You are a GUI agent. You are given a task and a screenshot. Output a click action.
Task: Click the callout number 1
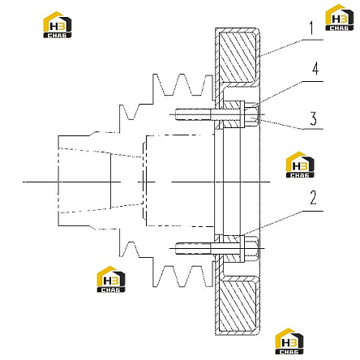(312, 28)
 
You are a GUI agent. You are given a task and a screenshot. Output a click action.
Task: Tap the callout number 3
(313, 118)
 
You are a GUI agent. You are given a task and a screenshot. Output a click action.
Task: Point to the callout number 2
(313, 198)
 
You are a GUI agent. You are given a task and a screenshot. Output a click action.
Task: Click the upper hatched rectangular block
(238, 57)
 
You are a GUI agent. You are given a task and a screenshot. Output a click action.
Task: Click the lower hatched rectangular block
(238, 306)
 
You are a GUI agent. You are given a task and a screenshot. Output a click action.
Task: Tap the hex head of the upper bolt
(251, 115)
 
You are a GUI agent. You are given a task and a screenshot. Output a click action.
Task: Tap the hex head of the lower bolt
(251, 248)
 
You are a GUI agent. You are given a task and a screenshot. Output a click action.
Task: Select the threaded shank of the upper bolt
(193, 114)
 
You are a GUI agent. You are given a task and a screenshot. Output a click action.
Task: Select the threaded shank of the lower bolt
(193, 248)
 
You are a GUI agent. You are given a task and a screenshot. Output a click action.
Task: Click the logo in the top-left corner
(58, 25)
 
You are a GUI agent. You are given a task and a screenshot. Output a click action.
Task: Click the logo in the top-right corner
(339, 18)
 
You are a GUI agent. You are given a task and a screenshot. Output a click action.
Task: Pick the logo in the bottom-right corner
(289, 341)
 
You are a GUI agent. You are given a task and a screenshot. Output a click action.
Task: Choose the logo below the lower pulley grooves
(111, 279)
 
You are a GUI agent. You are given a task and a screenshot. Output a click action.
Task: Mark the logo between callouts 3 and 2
(300, 165)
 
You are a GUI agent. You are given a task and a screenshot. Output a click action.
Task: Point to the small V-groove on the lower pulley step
(130, 249)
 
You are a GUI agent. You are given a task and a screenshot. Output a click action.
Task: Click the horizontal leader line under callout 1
(312, 40)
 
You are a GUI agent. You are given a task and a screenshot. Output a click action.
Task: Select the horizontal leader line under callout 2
(312, 211)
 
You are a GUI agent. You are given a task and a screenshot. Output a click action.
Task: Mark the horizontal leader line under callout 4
(312, 81)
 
